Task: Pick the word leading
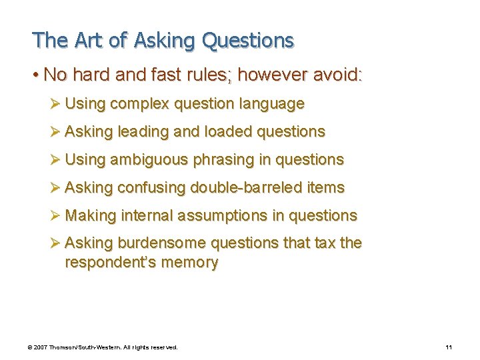(143, 132)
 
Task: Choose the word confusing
(151, 188)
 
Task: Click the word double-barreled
(247, 188)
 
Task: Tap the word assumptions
(224, 216)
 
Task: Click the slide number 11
(448, 347)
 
